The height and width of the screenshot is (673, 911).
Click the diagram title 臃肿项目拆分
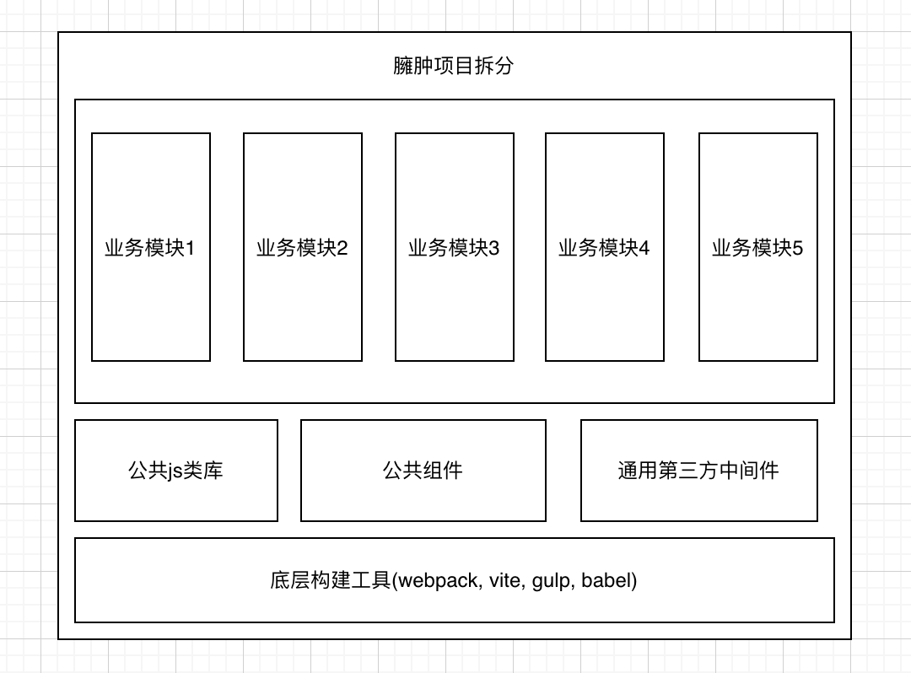[453, 66]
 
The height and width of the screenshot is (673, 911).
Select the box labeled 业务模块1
[150, 247]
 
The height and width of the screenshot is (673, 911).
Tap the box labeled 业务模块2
[302, 247]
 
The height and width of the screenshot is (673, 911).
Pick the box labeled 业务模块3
[454, 247]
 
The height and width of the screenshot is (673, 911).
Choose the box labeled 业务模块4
[604, 247]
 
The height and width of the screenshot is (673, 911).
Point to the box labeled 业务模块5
[757, 247]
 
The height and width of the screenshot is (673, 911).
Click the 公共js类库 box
[175, 471]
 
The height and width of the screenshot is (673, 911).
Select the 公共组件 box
[423, 471]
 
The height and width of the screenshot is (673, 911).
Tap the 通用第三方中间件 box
[698, 471]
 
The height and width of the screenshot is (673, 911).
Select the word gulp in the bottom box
[552, 581]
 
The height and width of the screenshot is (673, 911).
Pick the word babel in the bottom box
[606, 580]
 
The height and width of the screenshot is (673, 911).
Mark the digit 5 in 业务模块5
[798, 248]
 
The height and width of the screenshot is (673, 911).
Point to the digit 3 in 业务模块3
[494, 248]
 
